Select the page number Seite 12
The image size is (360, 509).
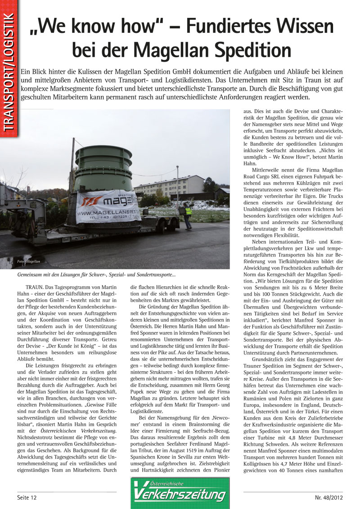pyautogui.click(x=27, y=497)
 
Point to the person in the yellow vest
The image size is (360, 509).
pyautogui.click(x=188, y=214)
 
